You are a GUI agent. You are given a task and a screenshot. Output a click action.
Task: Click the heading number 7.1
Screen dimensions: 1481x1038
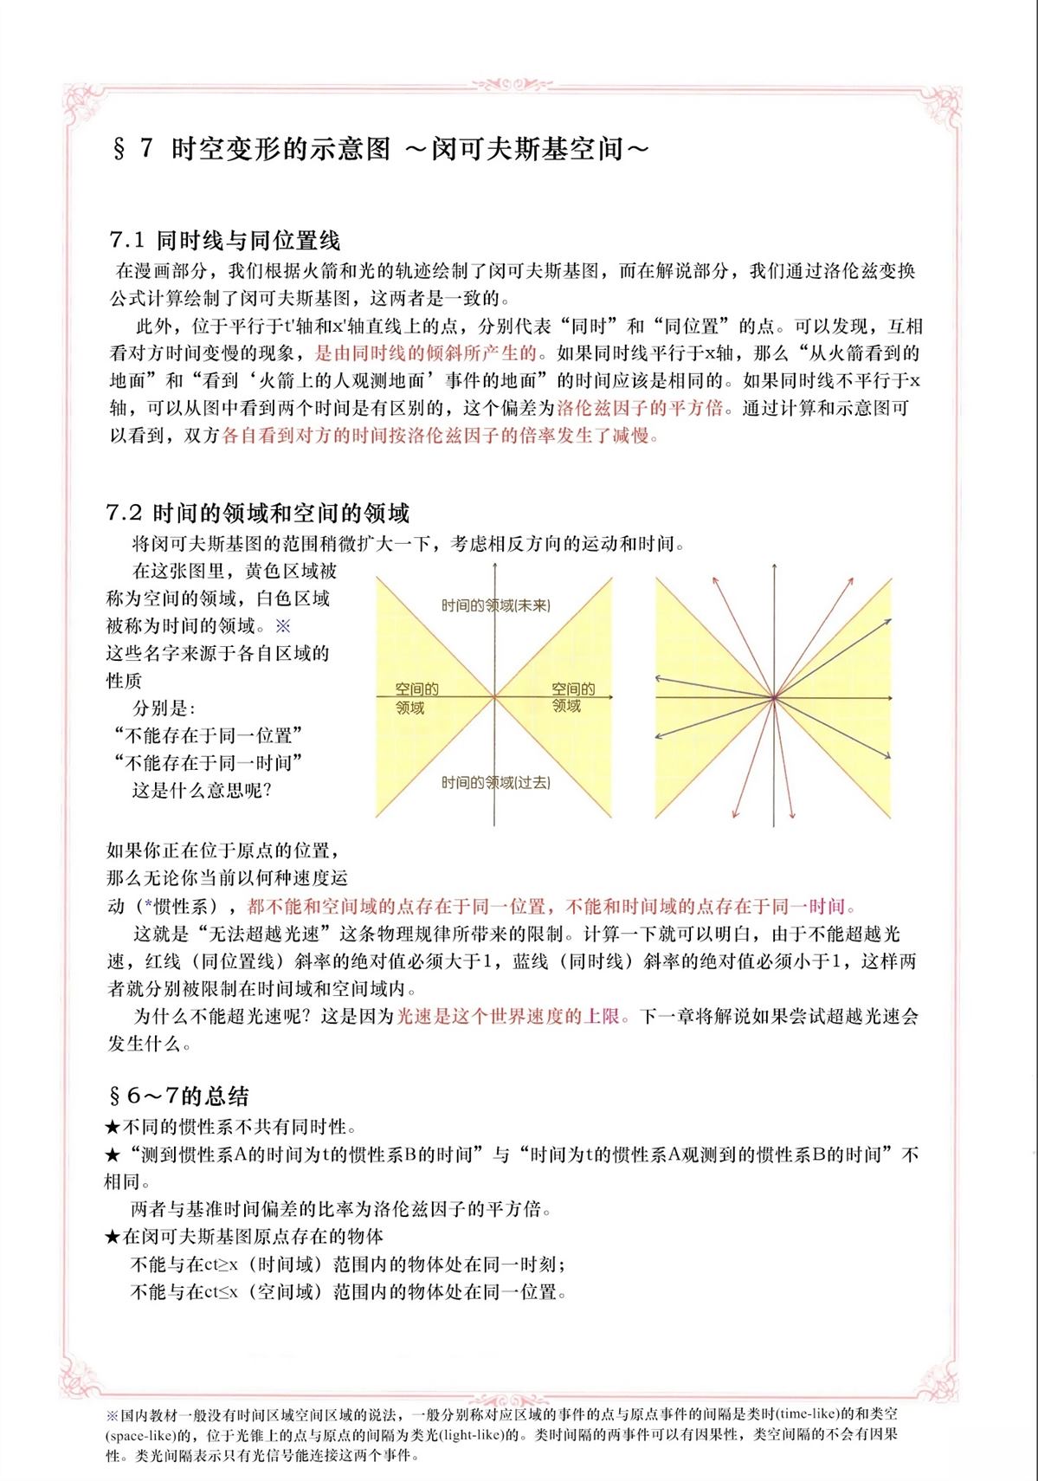[x=127, y=241]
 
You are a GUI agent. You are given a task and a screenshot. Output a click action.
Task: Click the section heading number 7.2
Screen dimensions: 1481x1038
[x=126, y=514]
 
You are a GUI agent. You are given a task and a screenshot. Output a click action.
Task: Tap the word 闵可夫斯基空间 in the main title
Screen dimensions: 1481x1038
[x=539, y=149]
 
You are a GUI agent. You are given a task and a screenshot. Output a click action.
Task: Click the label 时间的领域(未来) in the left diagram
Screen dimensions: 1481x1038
[x=495, y=605]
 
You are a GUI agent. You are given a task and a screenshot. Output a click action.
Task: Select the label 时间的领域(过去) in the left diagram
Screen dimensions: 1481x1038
[x=495, y=783]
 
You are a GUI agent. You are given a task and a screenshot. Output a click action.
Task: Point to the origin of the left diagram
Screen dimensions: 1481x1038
[x=494, y=696]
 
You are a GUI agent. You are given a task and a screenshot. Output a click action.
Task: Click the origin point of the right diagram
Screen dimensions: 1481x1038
[x=773, y=696]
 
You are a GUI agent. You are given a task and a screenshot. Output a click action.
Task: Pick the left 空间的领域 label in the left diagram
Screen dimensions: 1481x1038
[x=416, y=698]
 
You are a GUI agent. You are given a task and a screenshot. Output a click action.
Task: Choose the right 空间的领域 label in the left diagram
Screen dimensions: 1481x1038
[x=572, y=697]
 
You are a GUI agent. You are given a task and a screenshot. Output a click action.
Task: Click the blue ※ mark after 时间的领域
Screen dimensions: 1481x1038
[x=283, y=625]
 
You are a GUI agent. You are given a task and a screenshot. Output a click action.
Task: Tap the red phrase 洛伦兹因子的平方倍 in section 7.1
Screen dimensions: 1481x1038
[x=639, y=408]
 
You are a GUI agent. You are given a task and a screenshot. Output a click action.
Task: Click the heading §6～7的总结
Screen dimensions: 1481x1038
[x=177, y=1096]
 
